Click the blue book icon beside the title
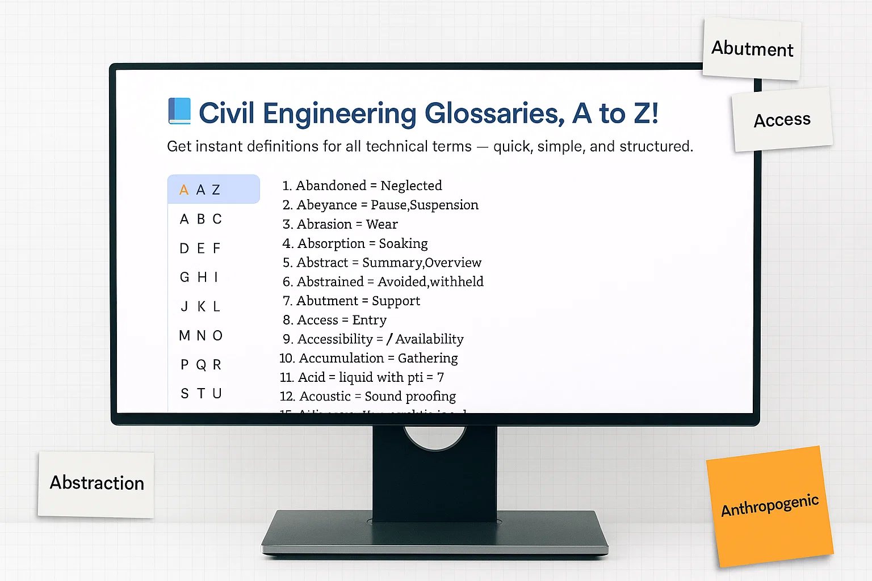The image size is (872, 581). coord(179,111)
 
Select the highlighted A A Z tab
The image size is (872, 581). coord(213,190)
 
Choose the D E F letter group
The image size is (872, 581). coord(200,248)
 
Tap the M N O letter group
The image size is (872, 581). coord(200,335)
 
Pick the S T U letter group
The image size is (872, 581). coord(200,393)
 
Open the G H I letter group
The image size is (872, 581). coord(199,277)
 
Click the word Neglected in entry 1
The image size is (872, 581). coord(411,186)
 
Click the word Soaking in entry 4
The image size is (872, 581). coord(403,243)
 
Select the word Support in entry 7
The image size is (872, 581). coord(396,301)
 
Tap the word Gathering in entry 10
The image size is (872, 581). coord(427,358)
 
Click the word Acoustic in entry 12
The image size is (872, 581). coord(325,396)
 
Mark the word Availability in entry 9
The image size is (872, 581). coord(429,339)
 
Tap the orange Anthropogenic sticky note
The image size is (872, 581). coord(770,506)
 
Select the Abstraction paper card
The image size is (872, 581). coord(97,483)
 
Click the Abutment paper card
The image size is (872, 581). coord(752,49)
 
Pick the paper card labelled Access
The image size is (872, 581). coord(782,120)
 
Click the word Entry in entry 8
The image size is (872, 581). coord(369,320)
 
